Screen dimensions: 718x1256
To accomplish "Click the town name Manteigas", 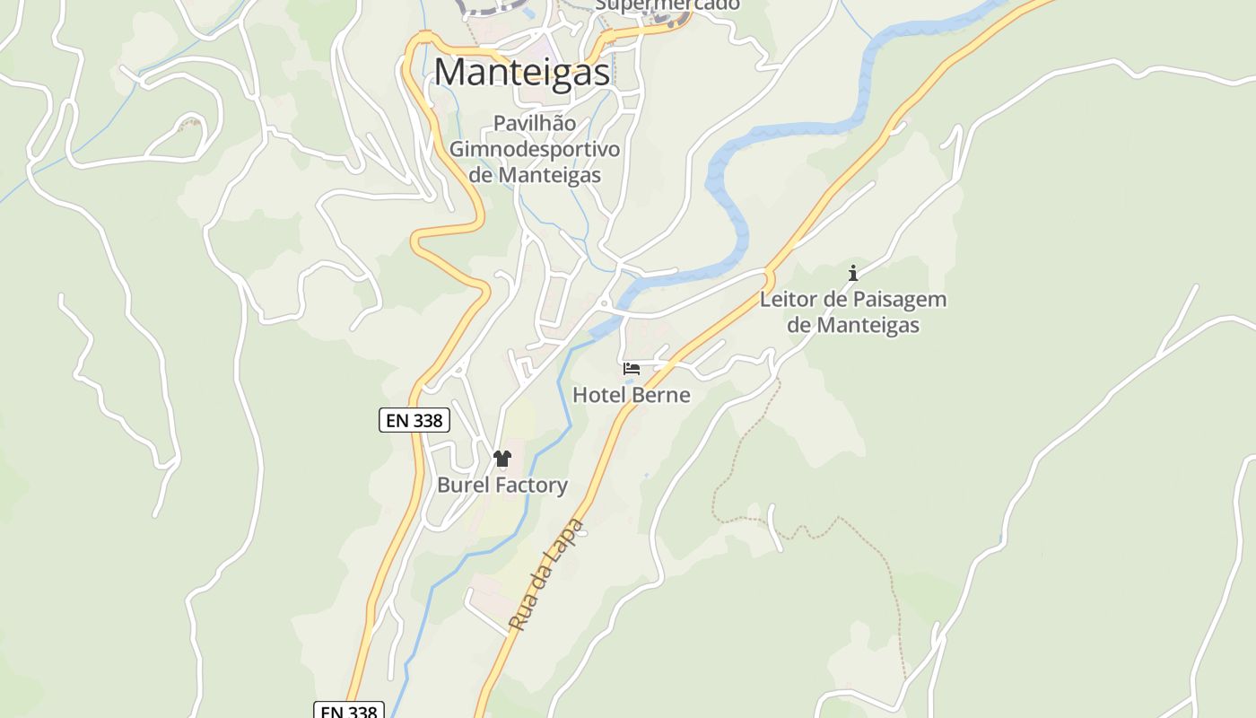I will click(522, 72).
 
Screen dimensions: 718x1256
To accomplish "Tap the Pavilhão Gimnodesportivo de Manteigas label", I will click(535, 148).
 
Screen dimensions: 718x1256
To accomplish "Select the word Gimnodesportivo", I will click(535, 148).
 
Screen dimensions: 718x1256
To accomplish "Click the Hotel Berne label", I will click(632, 395).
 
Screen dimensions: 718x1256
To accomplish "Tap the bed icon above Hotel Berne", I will click(632, 369).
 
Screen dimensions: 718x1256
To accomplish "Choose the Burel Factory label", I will click(502, 485).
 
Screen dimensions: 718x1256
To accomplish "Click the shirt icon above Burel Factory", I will click(502, 459).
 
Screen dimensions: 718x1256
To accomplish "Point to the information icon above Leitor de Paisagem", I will click(853, 273).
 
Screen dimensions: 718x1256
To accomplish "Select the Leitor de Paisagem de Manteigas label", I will click(853, 311).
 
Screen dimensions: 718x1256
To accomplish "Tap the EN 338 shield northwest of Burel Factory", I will click(414, 420).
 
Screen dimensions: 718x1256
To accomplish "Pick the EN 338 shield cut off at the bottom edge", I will click(349, 711).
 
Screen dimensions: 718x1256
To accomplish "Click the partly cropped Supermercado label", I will click(667, 5).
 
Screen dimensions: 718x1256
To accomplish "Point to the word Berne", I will click(660, 395).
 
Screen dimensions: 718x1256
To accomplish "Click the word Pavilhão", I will click(535, 123).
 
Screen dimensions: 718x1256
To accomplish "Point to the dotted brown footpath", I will click(745, 440).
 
